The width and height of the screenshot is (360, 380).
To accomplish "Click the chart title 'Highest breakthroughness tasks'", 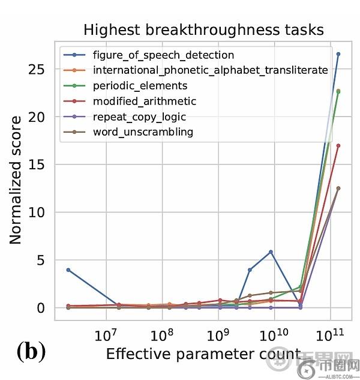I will pos(203,29).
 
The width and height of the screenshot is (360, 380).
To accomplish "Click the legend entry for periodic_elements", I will pos(140,86).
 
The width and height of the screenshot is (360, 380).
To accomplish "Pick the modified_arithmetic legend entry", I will pos(144,101).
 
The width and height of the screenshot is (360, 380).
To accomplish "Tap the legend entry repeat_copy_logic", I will pos(139,116).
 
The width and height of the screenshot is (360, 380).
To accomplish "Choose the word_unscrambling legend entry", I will pos(142,131).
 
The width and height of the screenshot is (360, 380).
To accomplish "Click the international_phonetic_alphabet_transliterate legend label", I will pos(210,70).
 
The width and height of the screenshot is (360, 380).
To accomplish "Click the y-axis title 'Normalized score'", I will pos(16,180).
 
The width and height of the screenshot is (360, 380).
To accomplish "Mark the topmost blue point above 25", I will pos(338,54).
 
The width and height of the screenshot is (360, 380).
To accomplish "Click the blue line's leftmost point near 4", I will pos(68,270).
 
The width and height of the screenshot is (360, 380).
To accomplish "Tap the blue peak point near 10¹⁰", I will pos(271,252).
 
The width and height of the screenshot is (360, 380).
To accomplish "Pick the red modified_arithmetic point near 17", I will pos(338,145).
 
